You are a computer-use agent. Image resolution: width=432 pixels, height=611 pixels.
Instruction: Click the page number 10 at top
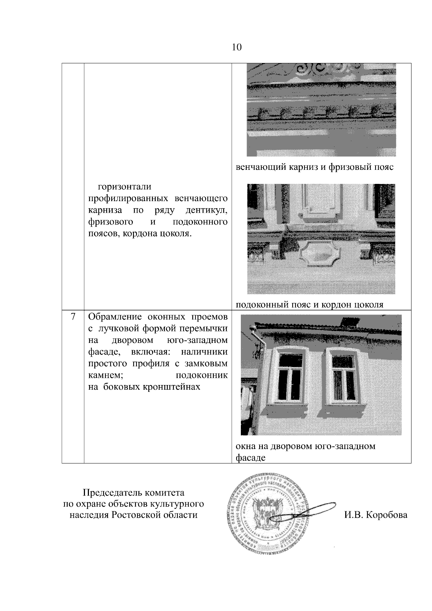click(237, 47)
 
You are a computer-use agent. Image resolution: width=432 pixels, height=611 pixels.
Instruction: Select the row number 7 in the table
click(73, 317)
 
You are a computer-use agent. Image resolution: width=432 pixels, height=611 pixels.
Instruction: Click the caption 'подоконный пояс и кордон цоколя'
click(310, 305)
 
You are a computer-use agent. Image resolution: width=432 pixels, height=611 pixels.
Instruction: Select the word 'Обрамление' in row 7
click(115, 317)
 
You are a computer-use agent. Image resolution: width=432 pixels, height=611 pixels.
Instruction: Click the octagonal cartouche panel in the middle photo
click(316, 255)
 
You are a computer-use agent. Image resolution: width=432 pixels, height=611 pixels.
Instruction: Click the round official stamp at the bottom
click(267, 515)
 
